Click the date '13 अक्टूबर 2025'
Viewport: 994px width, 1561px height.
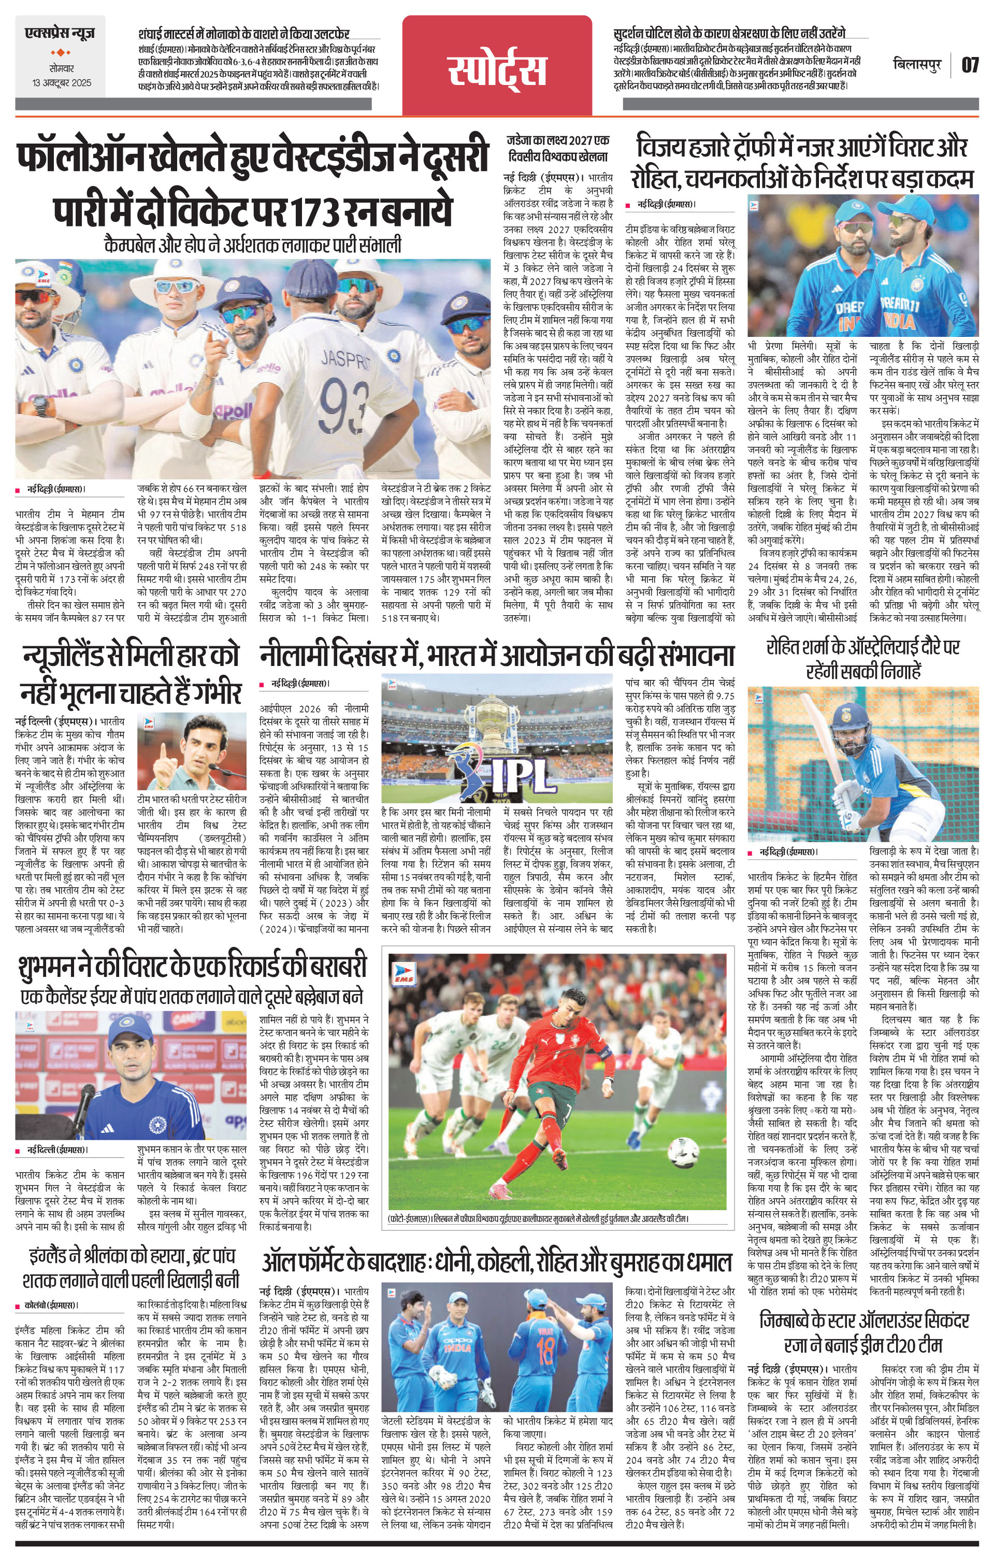(63, 83)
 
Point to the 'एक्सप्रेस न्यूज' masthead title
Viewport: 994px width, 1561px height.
(60, 31)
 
